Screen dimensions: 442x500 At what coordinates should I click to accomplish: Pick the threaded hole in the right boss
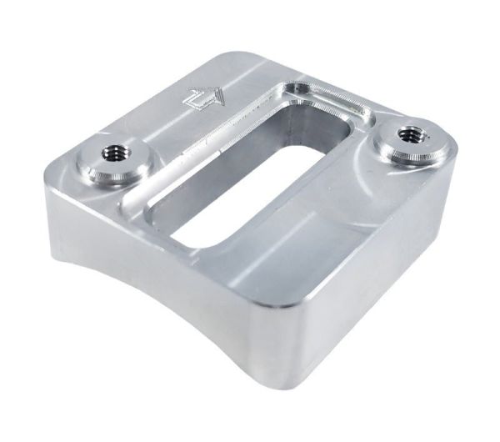pyautogui.click(x=410, y=133)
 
